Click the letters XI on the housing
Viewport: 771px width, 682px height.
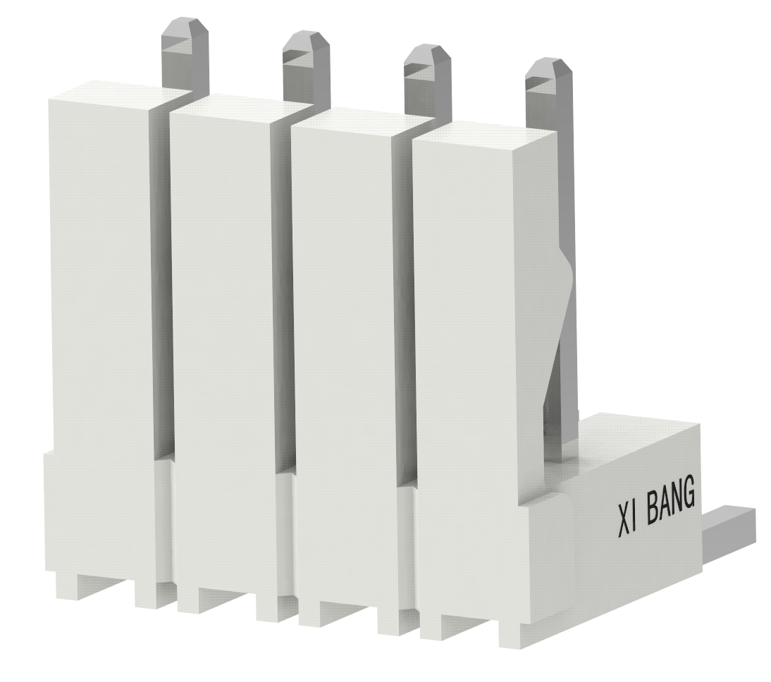click(x=627, y=519)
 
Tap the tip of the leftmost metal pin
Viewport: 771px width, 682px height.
click(x=185, y=20)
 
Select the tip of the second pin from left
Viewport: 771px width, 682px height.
click(x=306, y=32)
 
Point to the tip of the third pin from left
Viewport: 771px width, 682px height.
click(x=427, y=46)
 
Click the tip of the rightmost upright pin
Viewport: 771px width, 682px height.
click(x=548, y=59)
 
